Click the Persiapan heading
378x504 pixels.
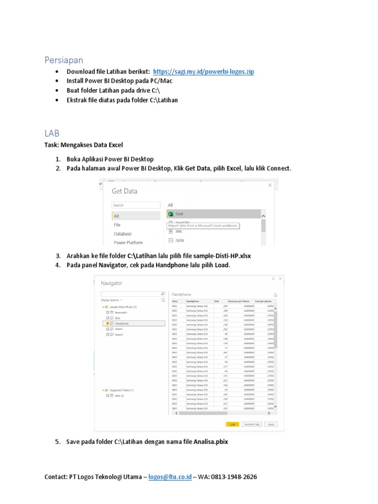coord(63,60)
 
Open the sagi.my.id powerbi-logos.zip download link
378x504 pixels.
coord(203,72)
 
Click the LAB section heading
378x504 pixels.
coord(52,133)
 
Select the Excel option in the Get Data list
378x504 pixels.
coord(179,214)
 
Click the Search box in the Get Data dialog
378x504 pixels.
coord(136,205)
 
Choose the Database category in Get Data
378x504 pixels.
coord(123,234)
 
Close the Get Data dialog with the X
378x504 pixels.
coord(270,185)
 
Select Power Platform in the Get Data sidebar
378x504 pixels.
coord(128,243)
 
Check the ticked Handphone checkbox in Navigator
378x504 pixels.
coord(107,323)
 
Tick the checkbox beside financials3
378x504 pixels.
coord(107,312)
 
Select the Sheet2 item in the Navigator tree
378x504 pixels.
coord(119,334)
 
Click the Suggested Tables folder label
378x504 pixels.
coord(122,390)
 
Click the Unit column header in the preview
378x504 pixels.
coord(217,301)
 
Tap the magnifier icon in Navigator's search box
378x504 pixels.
coord(162,294)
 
